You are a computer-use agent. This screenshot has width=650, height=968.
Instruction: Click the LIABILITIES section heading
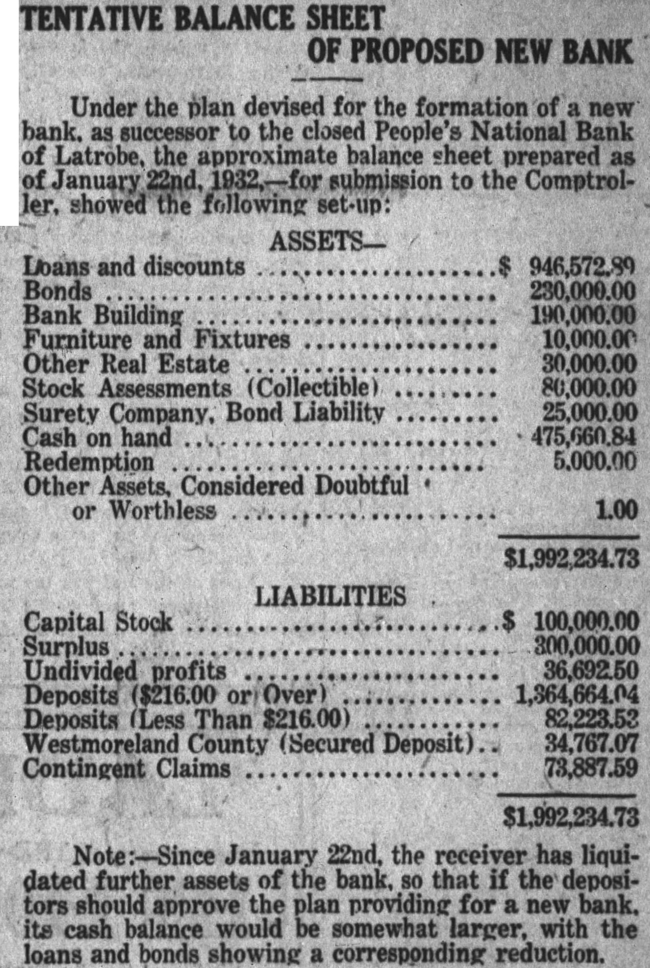330,596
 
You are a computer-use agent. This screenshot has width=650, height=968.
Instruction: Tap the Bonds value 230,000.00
583,291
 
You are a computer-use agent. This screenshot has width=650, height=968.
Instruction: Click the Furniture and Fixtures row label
157,340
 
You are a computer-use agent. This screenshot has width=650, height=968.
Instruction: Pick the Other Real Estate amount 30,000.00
589,364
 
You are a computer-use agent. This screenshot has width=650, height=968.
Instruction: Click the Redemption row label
89,462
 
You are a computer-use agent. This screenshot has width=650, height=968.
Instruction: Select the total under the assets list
571,558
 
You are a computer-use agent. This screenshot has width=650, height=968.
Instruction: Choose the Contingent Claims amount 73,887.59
591,768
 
